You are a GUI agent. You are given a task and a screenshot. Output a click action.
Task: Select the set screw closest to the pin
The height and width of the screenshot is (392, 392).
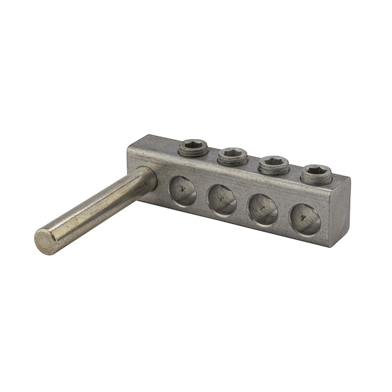[193, 147]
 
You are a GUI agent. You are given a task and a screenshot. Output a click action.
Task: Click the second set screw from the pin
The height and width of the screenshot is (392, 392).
[233, 155]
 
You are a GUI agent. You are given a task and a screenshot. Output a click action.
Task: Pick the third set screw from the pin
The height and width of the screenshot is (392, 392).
[274, 165]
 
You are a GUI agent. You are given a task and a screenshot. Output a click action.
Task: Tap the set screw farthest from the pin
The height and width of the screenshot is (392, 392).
[316, 173]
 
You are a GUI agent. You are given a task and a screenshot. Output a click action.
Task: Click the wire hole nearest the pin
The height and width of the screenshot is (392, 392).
[182, 191]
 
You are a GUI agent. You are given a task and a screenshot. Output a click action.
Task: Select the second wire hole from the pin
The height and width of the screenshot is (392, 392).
[222, 200]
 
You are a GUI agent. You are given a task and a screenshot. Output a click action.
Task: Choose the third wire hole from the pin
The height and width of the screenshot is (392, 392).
[264, 210]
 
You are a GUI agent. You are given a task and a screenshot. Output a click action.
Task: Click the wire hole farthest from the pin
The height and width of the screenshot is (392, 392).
[305, 220]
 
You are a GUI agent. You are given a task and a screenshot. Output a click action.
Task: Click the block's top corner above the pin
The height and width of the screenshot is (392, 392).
[131, 150]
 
